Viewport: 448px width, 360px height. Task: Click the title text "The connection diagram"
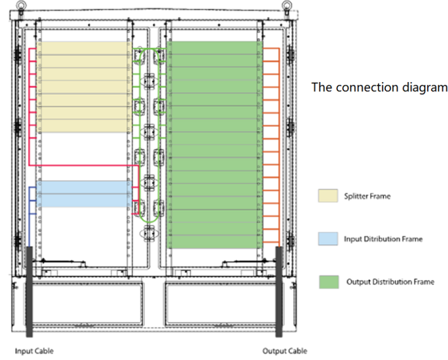pyautogui.click(x=380, y=88)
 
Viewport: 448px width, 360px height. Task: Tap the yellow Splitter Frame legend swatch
pyautogui.click(x=328, y=196)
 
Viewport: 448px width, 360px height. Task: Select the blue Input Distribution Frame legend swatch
pyautogui.click(x=328, y=239)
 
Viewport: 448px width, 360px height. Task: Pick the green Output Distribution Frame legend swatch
pyautogui.click(x=329, y=282)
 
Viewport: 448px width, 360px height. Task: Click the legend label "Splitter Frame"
pyautogui.click(x=367, y=196)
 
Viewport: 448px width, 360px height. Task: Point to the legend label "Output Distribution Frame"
pyautogui.click(x=390, y=282)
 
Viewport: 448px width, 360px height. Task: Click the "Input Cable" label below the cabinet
pyautogui.click(x=34, y=351)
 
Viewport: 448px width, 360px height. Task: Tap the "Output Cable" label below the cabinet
pyautogui.click(x=285, y=351)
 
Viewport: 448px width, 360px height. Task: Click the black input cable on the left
pyautogui.click(x=29, y=292)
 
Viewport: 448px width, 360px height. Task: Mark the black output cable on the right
pyautogui.click(x=279, y=292)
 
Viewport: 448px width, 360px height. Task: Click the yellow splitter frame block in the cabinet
pyautogui.click(x=84, y=87)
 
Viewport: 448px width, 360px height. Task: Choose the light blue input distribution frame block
pyautogui.click(x=84, y=194)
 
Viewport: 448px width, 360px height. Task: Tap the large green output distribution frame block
pyautogui.click(x=214, y=145)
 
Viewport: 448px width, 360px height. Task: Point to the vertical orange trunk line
pyautogui.click(x=279, y=148)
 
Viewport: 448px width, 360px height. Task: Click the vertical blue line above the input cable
pyautogui.click(x=29, y=217)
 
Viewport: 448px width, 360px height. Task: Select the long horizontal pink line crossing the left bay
pyautogui.click(x=84, y=166)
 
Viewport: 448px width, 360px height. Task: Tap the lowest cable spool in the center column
pyautogui.click(x=149, y=233)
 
